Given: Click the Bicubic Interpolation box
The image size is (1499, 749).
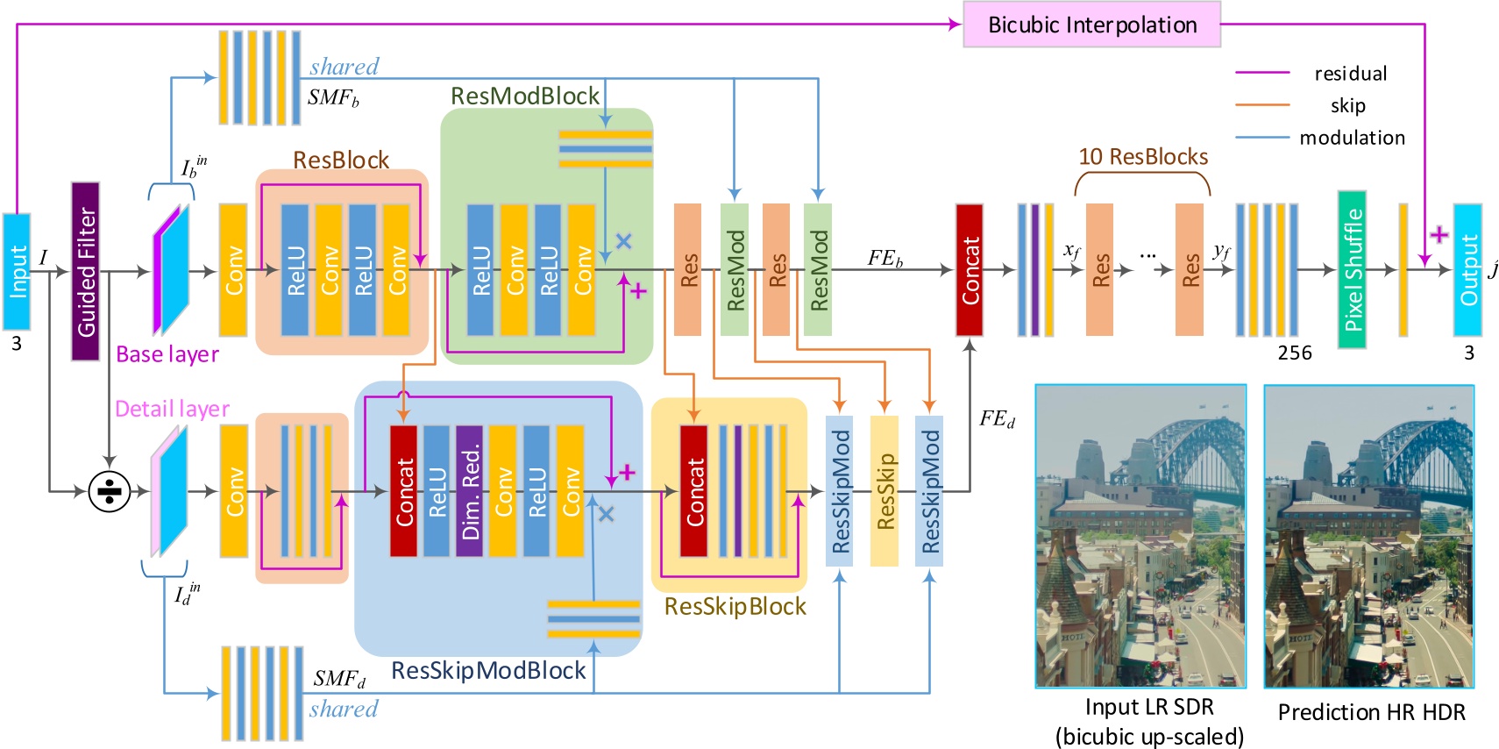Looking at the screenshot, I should click(x=1091, y=25).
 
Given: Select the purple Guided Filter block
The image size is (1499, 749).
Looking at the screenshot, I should click(x=85, y=271).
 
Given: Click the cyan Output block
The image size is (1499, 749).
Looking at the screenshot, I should click(x=1467, y=270).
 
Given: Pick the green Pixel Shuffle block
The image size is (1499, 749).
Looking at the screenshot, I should click(x=1352, y=270).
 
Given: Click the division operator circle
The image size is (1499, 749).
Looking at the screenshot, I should click(x=110, y=492).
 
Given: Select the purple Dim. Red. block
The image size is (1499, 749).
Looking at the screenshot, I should click(x=469, y=492).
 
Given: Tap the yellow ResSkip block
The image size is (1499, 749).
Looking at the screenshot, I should click(x=884, y=491).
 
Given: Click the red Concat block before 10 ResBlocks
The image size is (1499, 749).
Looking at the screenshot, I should click(x=969, y=270).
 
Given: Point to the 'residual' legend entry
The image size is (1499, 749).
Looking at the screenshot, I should click(x=1350, y=74).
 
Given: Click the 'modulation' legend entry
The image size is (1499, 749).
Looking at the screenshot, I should click(x=1352, y=138).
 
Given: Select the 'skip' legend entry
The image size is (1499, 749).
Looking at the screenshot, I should click(x=1347, y=106).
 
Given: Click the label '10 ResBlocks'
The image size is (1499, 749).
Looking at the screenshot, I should click(x=1143, y=157).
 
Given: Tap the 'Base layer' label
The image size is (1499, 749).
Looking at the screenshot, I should click(x=167, y=354).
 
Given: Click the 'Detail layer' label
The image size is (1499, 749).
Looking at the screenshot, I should click(x=172, y=409).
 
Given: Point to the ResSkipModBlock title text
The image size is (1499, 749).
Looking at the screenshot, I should click(x=488, y=671).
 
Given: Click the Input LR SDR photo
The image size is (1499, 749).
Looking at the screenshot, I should click(x=1140, y=536).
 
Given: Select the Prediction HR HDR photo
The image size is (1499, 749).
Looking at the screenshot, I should click(x=1368, y=536).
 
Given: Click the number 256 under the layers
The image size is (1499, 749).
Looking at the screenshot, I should click(x=1295, y=353).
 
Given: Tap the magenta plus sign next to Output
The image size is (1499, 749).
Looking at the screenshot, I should click(x=1439, y=234).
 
